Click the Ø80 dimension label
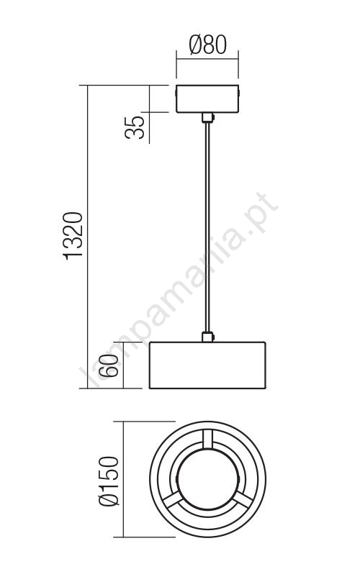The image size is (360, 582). [207, 45]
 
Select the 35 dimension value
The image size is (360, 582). [135, 127]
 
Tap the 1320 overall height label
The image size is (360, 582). [73, 236]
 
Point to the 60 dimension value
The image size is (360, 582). [110, 365]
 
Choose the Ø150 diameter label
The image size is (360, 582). [109, 481]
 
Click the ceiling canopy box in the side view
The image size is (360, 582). [207, 99]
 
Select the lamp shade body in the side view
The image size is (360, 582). [207, 365]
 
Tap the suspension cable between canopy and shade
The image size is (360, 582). [207, 227]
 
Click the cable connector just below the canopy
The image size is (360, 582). [207, 118]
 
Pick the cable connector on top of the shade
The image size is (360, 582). [207, 337]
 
